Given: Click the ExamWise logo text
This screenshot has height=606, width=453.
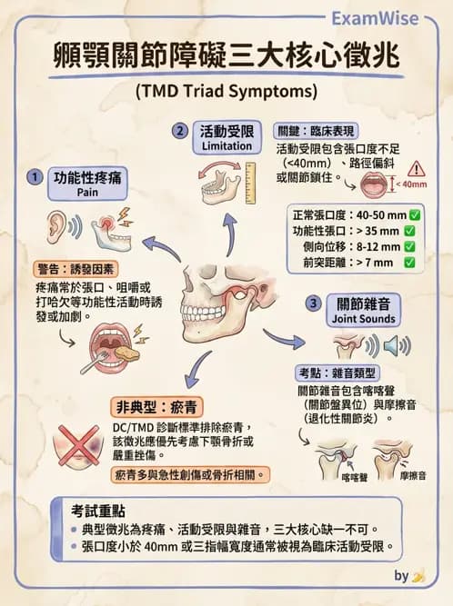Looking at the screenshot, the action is click(375, 18).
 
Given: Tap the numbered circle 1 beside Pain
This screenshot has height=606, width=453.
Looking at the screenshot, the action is click(35, 177).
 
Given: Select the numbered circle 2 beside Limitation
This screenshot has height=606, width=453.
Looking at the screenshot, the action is click(180, 131).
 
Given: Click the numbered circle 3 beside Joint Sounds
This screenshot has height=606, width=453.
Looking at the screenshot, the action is click(313, 303).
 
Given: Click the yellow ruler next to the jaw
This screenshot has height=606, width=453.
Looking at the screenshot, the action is click(250, 184).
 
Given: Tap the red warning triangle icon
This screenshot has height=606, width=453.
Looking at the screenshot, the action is click(417, 169).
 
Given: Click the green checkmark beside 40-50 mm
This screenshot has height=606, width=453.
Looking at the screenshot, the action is click(415, 215).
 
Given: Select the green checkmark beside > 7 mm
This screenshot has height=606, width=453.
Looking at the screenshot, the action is click(409, 263).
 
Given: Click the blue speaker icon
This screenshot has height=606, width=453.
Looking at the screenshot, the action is click(392, 345).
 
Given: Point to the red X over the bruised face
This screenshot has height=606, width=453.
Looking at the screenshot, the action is click(79, 445).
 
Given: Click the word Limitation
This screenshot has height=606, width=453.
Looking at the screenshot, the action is click(226, 146).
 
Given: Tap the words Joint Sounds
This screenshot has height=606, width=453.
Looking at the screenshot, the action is click(363, 319).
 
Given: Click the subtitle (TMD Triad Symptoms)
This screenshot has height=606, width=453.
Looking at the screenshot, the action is click(226, 92).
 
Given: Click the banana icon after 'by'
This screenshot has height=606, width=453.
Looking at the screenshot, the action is click(418, 576).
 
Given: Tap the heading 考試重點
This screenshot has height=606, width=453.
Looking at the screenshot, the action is click(98, 511).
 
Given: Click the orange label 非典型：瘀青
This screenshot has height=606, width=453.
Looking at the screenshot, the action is click(156, 407).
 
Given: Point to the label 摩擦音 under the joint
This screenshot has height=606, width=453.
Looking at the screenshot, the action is click(413, 476).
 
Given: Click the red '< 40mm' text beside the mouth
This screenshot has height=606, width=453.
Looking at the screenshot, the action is click(411, 184).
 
